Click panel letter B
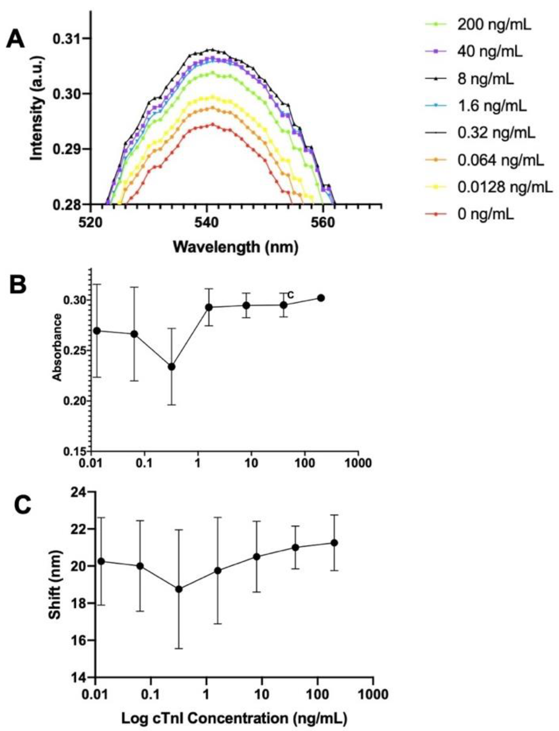(x=17, y=285)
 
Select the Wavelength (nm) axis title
(x=236, y=247)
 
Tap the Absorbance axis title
(x=58, y=347)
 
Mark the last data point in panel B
(x=321, y=298)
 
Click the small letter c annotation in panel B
(x=290, y=294)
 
